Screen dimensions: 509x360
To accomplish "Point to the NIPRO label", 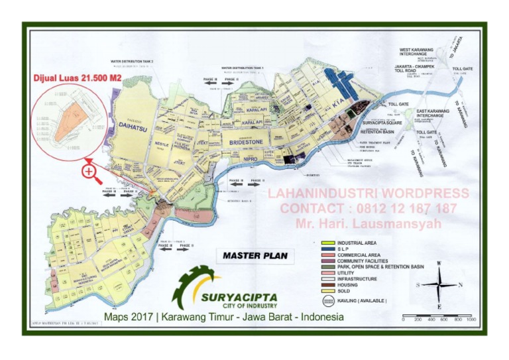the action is click(x=250, y=159).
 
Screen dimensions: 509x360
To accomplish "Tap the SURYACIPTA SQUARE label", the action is click(x=383, y=123).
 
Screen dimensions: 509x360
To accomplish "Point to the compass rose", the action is click(x=438, y=284).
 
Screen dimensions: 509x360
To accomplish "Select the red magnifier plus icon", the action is click(x=89, y=173).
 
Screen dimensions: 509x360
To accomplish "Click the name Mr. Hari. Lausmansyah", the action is click(x=368, y=223).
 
